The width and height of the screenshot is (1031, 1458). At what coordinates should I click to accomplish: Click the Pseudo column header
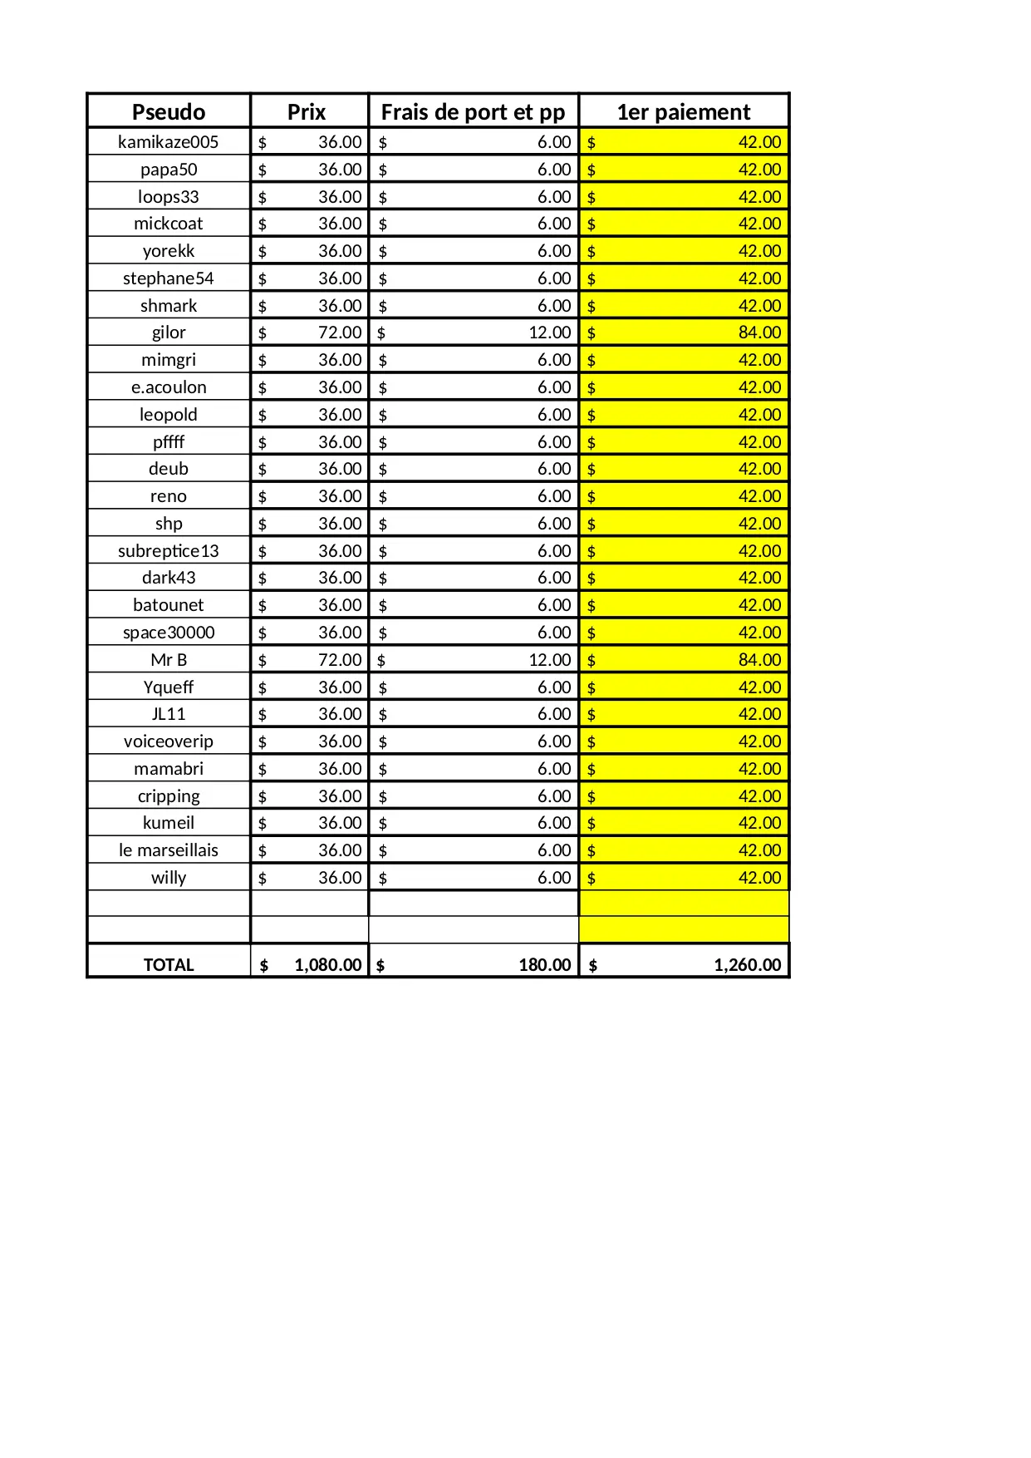pyautogui.click(x=169, y=112)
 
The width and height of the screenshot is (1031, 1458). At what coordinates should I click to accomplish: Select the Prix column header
pyautogui.click(x=307, y=112)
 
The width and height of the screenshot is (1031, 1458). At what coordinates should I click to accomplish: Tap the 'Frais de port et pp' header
pyautogui.click(x=473, y=112)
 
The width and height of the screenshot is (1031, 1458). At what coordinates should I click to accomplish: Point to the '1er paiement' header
pyautogui.click(x=683, y=112)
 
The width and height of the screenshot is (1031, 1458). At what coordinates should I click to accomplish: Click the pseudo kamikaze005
pyautogui.click(x=169, y=142)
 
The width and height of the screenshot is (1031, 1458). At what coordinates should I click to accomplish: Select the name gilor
pyautogui.click(x=169, y=332)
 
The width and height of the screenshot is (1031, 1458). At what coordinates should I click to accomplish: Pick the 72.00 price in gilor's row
pyautogui.click(x=340, y=332)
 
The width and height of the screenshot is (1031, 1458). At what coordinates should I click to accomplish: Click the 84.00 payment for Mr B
pyautogui.click(x=759, y=660)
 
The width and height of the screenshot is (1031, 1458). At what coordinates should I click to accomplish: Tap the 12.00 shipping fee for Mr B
pyautogui.click(x=550, y=660)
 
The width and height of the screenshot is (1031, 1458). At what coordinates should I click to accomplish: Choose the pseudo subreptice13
pyautogui.click(x=169, y=551)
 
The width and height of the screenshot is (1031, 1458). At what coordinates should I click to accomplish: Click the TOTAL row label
pyautogui.click(x=169, y=965)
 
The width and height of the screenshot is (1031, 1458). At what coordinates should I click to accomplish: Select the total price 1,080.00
pyautogui.click(x=327, y=965)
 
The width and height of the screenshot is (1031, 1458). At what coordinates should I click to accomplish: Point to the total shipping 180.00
pyautogui.click(x=545, y=965)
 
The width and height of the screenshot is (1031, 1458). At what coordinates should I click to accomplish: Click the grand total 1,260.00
pyautogui.click(x=747, y=965)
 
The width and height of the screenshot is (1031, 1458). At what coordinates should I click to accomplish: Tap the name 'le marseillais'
pyautogui.click(x=169, y=850)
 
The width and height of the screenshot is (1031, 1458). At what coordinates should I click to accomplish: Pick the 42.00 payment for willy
pyautogui.click(x=759, y=878)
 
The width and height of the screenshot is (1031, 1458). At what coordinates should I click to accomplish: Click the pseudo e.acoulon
pyautogui.click(x=169, y=387)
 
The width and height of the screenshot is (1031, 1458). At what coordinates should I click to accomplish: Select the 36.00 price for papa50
pyautogui.click(x=340, y=170)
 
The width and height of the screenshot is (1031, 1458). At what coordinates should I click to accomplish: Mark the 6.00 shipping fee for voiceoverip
pyautogui.click(x=554, y=741)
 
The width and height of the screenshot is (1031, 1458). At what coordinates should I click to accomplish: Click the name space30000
pyautogui.click(x=169, y=633)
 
